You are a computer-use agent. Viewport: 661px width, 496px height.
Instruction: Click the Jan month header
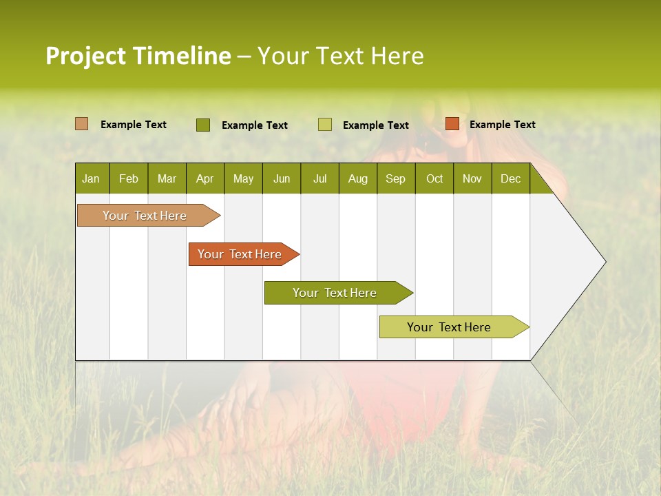click(x=91, y=178)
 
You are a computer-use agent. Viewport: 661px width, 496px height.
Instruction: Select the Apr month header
click(x=204, y=178)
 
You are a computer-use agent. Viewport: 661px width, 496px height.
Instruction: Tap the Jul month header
click(x=319, y=178)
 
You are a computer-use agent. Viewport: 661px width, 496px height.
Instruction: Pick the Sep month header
click(x=395, y=178)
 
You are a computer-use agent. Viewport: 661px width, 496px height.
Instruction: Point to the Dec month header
click(x=510, y=178)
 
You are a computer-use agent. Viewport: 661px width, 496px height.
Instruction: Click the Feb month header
click(x=129, y=178)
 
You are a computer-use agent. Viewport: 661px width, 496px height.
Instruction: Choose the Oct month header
click(x=434, y=178)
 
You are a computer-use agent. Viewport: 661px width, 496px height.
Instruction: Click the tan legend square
click(x=81, y=124)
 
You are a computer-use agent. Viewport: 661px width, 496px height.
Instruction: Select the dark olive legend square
click(x=202, y=125)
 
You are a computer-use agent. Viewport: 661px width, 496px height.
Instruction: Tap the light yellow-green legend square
click(x=325, y=125)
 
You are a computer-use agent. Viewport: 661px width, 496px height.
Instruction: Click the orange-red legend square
click(x=452, y=124)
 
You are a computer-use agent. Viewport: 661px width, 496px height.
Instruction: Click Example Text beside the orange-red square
click(x=502, y=125)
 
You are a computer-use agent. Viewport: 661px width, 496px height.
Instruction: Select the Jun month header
click(x=281, y=178)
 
